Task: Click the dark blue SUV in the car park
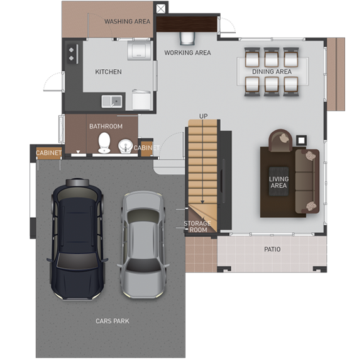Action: pos(77,239)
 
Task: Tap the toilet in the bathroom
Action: pos(104,143)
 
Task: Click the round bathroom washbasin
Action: pos(125,146)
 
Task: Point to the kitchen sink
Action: pos(112,101)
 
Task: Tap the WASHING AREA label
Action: pos(127,21)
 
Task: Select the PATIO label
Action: pos(272,249)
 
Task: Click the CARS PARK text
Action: pos(113,321)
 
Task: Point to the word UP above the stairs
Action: pos(203,116)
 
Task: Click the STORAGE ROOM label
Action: pos(197,227)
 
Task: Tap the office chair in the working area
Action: pos(187,38)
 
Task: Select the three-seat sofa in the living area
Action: pos(307,181)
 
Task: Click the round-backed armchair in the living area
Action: pos(280,140)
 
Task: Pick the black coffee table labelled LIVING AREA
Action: pos(279,181)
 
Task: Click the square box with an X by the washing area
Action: pos(160,9)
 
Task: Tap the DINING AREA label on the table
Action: pos(272,72)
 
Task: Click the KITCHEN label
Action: pos(108,72)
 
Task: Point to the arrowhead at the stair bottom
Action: pos(202,202)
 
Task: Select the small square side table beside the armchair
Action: pos(301,140)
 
